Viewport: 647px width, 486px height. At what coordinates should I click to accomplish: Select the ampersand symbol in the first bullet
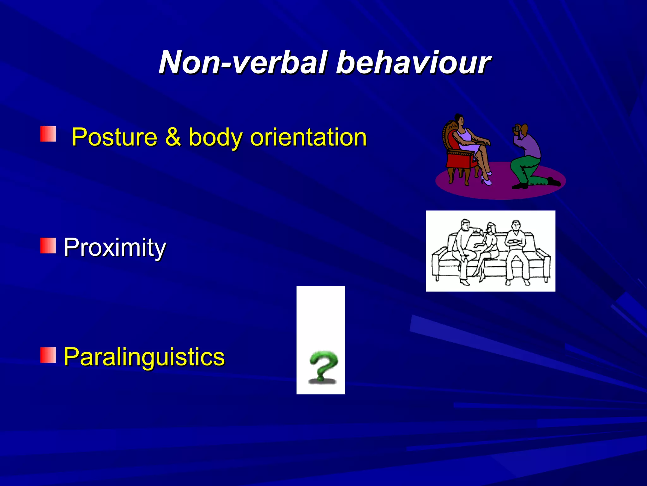[173, 137]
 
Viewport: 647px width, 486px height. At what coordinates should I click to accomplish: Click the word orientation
[308, 137]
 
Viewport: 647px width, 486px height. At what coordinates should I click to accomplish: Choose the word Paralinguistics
[144, 357]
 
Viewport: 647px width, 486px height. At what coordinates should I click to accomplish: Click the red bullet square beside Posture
[48, 134]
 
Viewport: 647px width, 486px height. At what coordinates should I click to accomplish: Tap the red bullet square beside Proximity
[48, 246]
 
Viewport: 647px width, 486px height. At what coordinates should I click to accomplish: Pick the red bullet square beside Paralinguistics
[48, 355]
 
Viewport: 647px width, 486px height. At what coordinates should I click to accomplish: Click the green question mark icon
[323, 367]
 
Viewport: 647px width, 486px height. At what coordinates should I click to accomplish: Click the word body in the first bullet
[215, 137]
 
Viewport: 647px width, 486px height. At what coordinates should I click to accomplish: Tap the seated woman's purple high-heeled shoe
[486, 181]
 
